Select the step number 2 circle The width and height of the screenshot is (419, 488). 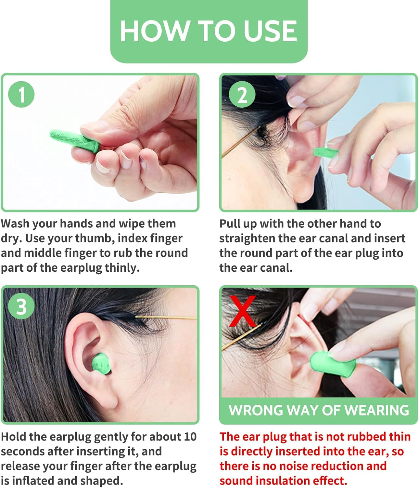242,95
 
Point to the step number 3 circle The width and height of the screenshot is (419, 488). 21,306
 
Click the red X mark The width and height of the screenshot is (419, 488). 243,311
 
